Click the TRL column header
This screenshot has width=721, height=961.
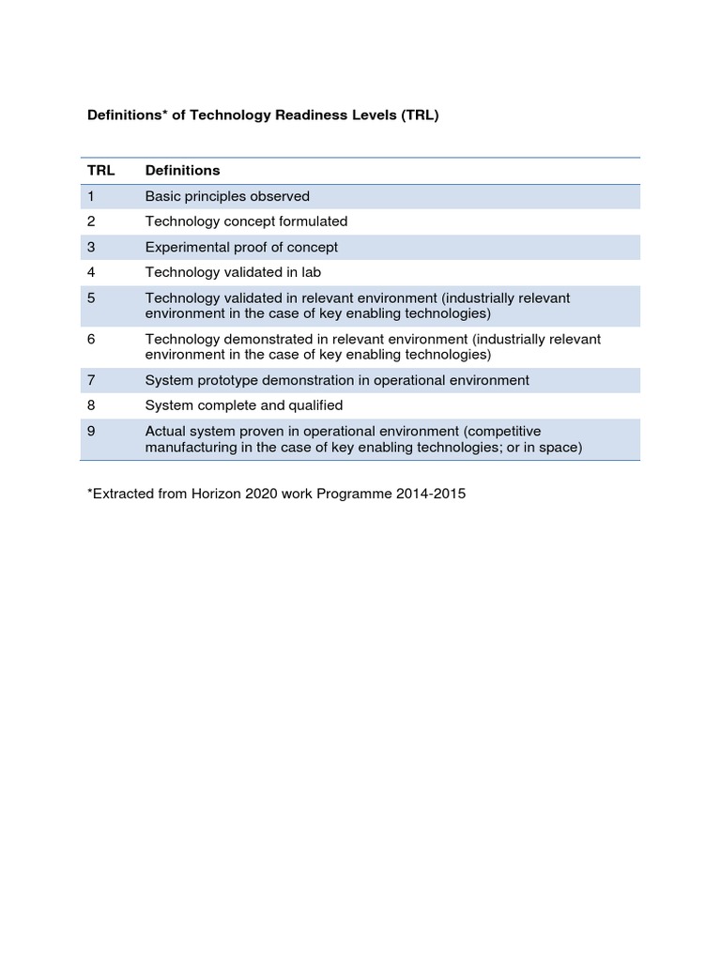pos(100,171)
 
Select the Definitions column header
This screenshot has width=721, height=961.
pos(182,171)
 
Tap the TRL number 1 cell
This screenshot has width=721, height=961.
pos(91,196)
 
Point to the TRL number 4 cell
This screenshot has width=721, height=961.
pos(91,272)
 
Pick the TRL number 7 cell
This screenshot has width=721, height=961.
pos(91,380)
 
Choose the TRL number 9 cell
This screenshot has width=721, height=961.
pos(91,432)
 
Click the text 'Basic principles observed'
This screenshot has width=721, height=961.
pos(226,196)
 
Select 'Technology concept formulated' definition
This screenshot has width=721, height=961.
pos(246,221)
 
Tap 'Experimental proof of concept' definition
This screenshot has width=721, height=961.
pos(241,247)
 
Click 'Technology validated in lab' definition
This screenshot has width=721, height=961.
pos(233,272)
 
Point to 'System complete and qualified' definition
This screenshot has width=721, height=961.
pos(243,405)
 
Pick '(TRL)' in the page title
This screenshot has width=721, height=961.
pos(420,116)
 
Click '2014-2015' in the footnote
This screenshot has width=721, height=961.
pos(433,494)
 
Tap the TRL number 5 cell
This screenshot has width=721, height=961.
pos(91,297)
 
